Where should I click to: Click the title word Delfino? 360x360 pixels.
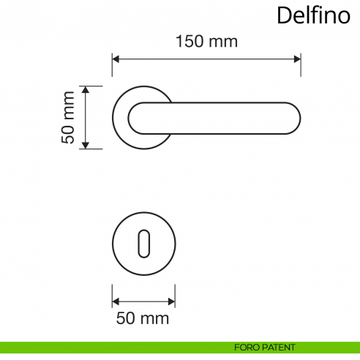[x=313, y=15]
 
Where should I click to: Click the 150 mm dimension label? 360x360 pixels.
[x=206, y=42]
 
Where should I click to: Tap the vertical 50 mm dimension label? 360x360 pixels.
[x=68, y=117]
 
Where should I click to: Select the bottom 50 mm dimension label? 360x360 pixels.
[x=143, y=318]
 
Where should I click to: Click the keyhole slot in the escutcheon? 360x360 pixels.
[x=143, y=244]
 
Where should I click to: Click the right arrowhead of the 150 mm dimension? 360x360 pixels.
[x=296, y=59]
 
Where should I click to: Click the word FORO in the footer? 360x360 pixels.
[x=247, y=347]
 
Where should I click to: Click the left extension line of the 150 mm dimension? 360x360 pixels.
[x=112, y=66]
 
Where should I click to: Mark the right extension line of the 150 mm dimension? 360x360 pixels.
[x=301, y=66]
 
